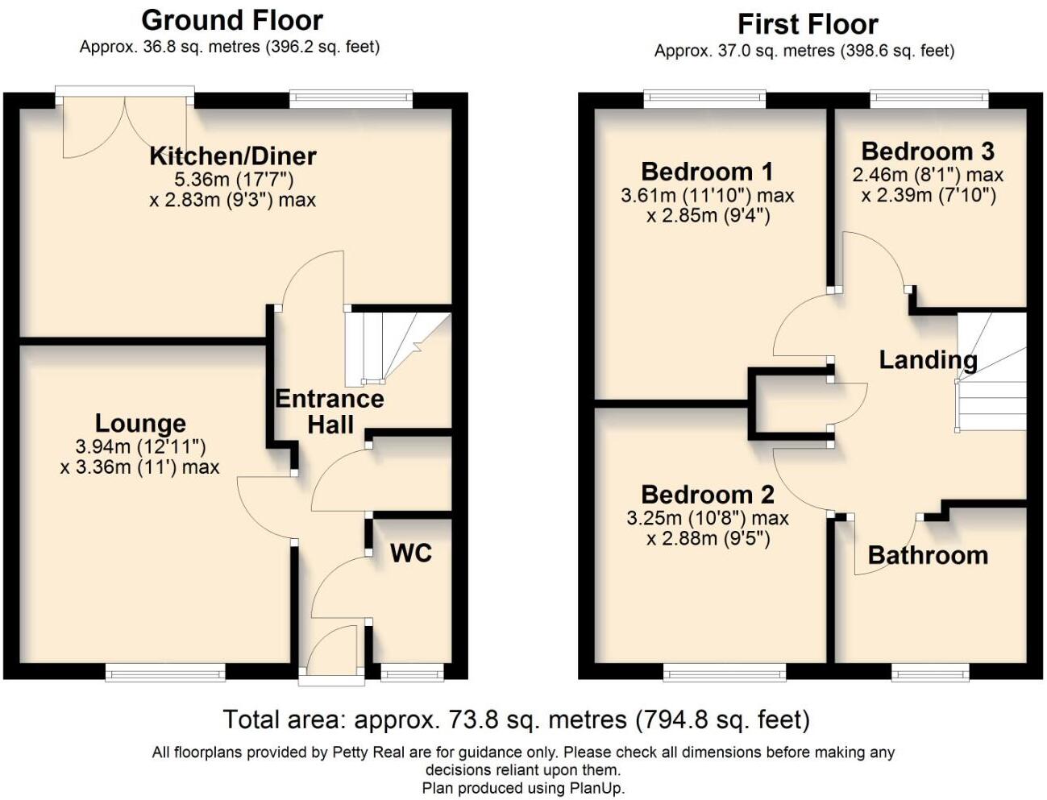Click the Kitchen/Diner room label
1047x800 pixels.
point(233,155)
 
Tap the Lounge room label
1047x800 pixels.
point(140,423)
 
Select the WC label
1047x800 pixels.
point(411,553)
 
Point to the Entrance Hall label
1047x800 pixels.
point(330,411)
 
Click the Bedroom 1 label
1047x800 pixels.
point(707,172)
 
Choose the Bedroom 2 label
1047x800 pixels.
point(708,494)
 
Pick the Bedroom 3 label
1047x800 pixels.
point(928,151)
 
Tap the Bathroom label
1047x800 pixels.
point(928,555)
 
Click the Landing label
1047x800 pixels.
point(928,359)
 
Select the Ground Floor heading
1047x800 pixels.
point(232,20)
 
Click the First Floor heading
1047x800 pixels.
point(808,24)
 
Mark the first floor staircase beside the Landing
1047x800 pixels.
point(991,375)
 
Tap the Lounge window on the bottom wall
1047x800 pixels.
point(165,671)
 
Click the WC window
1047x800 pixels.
point(412,671)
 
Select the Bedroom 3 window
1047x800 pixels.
point(929,99)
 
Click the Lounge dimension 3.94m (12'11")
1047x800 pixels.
point(140,446)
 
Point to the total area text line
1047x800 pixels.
point(516,719)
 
